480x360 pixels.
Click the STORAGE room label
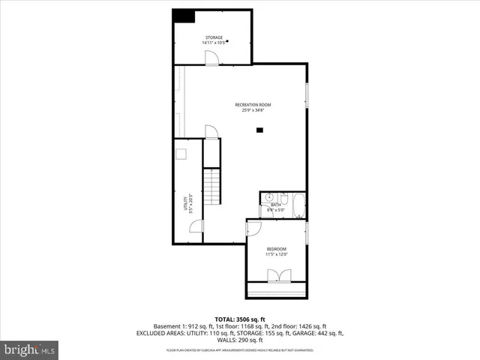click(214, 37)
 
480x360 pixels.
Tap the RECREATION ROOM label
click(253, 104)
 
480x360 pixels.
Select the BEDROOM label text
click(276, 249)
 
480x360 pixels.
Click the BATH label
click(275, 205)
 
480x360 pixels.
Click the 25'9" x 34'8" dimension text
click(253, 111)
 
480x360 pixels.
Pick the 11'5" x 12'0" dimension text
click(276, 255)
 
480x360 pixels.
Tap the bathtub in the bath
click(298, 204)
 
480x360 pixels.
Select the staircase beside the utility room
click(213, 188)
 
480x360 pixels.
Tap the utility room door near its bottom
click(196, 226)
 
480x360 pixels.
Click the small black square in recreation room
click(259, 130)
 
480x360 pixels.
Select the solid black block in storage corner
click(182, 16)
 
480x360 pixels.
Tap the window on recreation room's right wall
click(306, 97)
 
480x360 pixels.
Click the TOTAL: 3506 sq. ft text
click(239, 319)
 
